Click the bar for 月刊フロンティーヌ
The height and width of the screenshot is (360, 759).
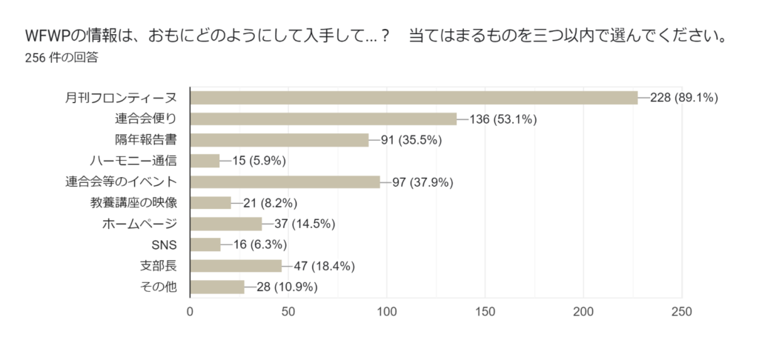(x=414, y=98)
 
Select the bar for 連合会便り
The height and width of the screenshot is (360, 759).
(x=323, y=119)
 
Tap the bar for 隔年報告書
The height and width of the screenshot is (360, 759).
(x=279, y=140)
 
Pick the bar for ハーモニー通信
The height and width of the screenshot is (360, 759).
(x=205, y=161)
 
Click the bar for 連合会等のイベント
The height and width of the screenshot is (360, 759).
(x=285, y=181)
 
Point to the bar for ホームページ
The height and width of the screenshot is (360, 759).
(x=226, y=224)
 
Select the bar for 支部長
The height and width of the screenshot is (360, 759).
(x=236, y=266)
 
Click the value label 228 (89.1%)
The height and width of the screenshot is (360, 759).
(x=683, y=98)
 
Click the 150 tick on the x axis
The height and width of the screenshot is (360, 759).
(x=485, y=312)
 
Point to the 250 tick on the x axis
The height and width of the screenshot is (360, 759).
(x=681, y=312)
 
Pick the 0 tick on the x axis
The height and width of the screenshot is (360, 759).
(x=190, y=312)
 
